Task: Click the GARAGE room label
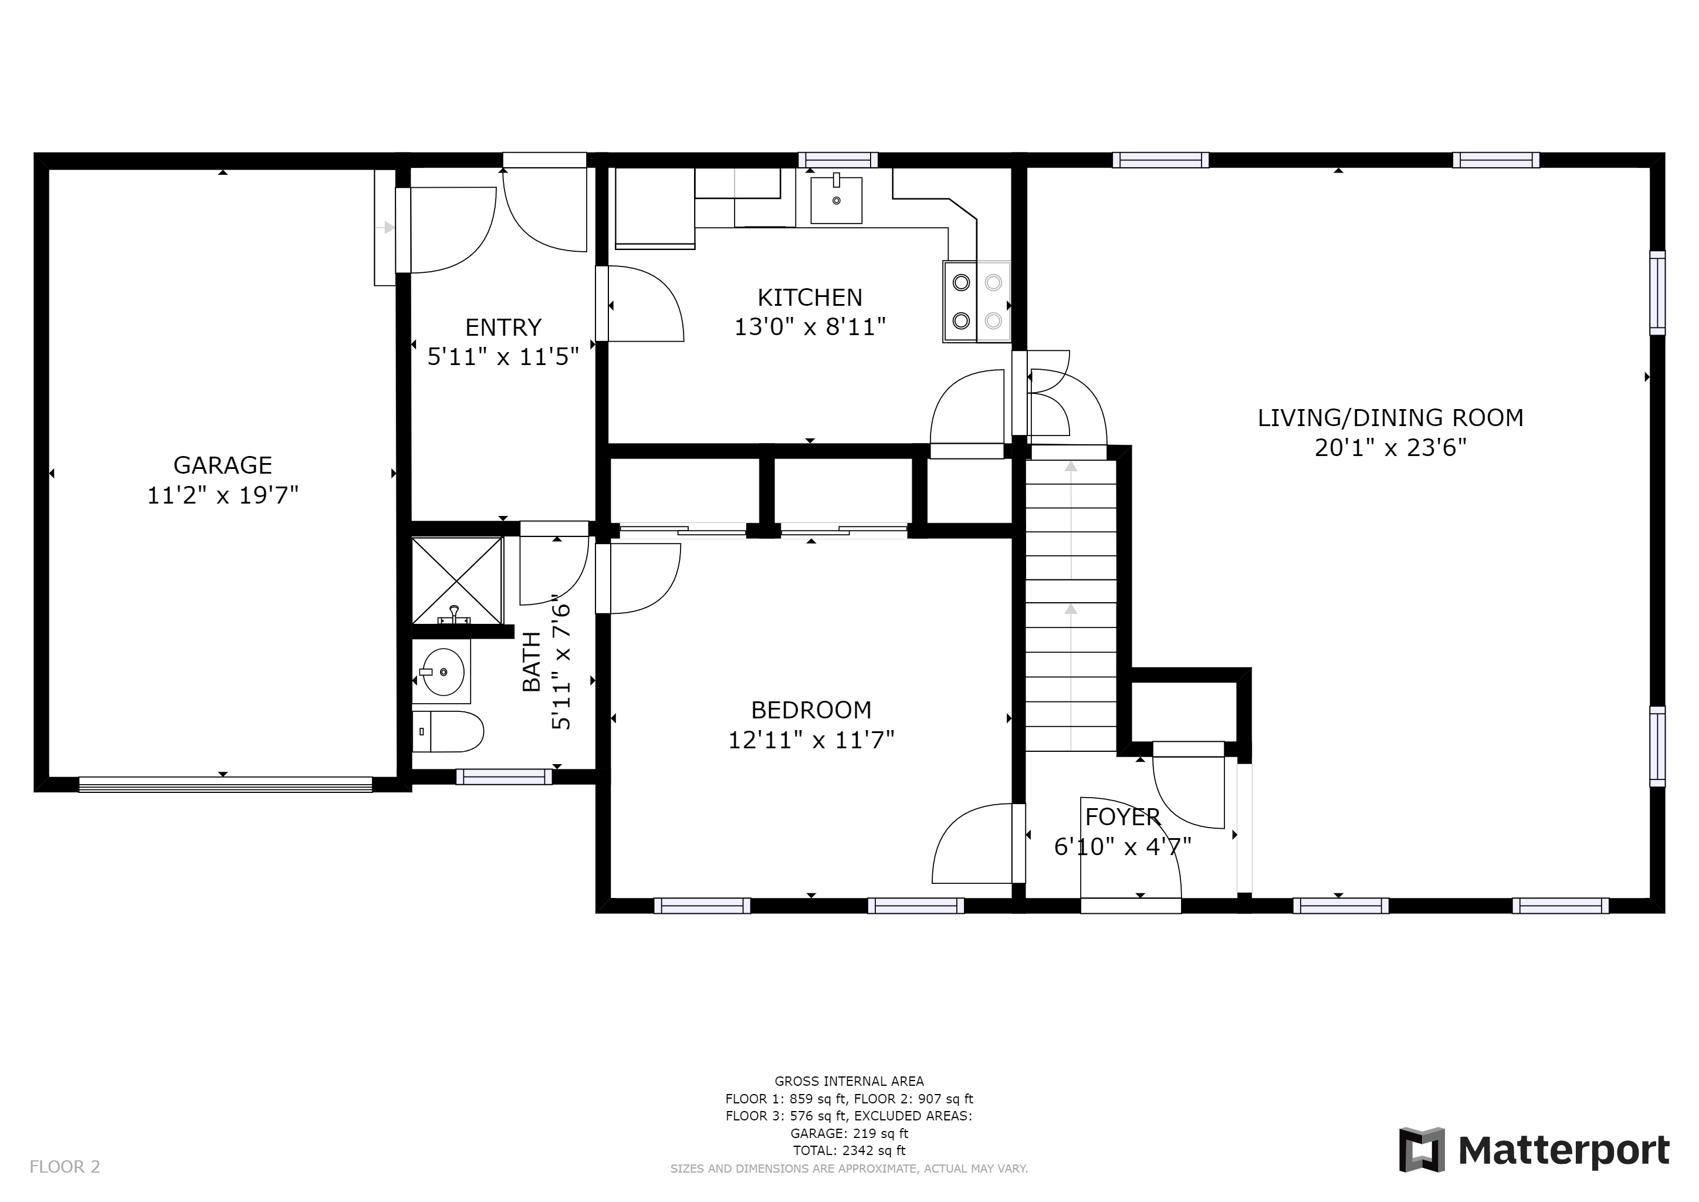223,465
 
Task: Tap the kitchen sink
836,200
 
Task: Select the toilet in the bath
448,732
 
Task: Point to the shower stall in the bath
456,580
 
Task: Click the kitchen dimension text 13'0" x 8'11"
810,326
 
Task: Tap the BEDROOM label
811,710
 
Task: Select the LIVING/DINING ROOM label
1390,417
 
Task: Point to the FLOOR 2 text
65,1166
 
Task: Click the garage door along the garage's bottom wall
226,785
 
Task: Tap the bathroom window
504,776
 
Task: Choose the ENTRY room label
503,327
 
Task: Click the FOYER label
1122,816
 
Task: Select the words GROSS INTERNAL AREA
849,1081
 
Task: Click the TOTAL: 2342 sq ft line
849,1150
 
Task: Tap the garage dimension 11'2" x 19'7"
223,495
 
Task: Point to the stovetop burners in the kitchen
977,301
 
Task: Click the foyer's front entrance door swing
1131,848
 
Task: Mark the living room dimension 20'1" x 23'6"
1390,448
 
